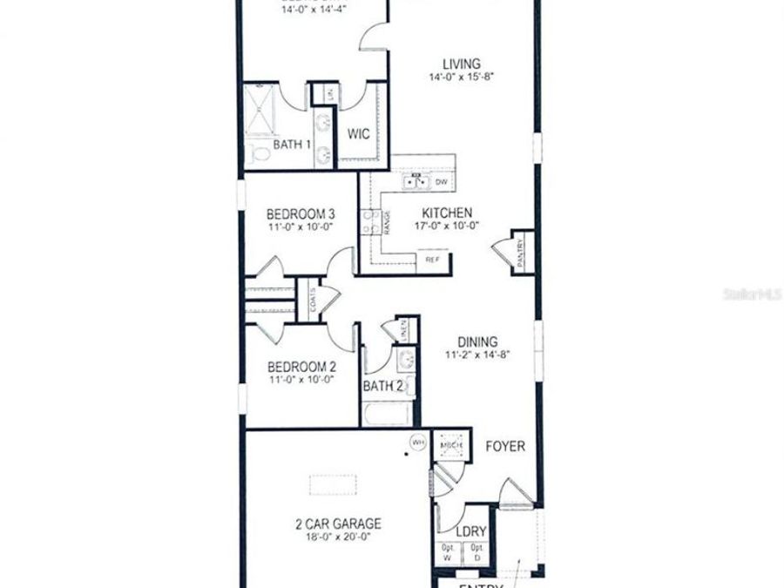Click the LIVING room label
(461, 64)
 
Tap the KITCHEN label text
(447, 213)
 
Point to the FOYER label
(505, 446)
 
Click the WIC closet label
(360, 135)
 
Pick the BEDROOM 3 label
(301, 213)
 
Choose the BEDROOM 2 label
(301, 366)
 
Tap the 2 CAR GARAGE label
(337, 524)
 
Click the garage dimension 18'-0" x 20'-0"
(337, 537)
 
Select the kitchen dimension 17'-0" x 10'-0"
(447, 226)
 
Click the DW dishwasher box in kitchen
(441, 182)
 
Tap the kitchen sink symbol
(416, 182)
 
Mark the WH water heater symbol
(417, 443)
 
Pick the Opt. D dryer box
(476, 551)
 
